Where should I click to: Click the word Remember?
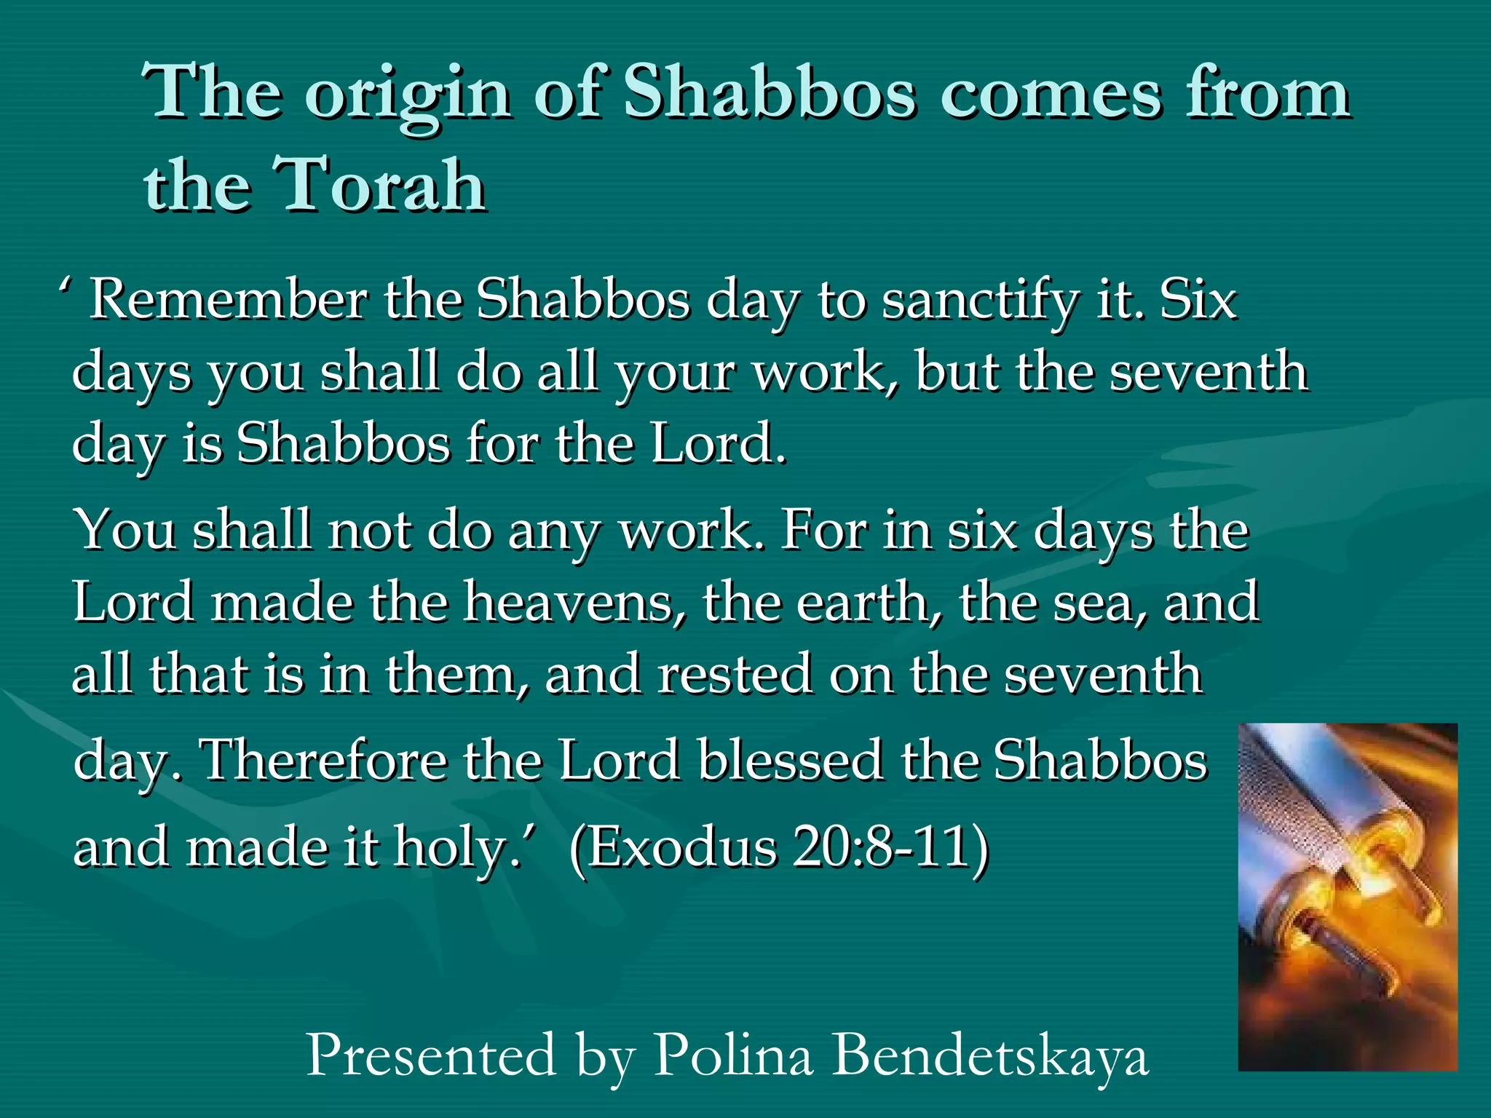pyautogui.click(x=229, y=299)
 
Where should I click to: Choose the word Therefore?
pyautogui.click(x=324, y=760)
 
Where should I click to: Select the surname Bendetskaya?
pyautogui.click(x=990, y=1056)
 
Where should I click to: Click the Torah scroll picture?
pyautogui.click(x=1348, y=896)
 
